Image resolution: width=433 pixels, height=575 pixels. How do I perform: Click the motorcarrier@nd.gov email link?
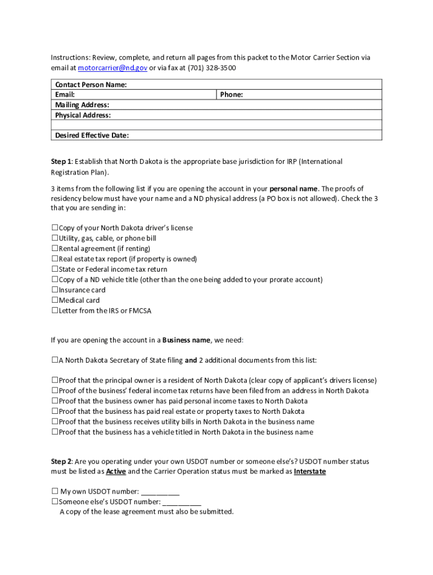click(112, 68)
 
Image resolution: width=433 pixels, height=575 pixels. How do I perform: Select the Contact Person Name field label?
click(91, 85)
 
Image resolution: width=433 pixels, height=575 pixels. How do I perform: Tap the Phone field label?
click(231, 95)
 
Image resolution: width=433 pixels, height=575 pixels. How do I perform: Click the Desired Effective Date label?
click(92, 135)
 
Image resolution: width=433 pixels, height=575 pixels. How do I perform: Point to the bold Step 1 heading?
click(61, 162)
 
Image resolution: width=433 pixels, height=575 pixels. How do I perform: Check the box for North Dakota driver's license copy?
click(55, 228)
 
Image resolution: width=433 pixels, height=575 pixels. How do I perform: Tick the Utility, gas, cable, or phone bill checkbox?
click(55, 238)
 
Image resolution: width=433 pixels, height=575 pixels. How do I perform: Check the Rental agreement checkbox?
click(55, 249)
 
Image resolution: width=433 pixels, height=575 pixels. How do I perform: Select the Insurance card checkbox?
click(55, 290)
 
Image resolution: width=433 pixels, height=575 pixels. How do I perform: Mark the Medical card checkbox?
click(55, 300)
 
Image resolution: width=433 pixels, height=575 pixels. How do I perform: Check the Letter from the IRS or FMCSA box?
click(55, 311)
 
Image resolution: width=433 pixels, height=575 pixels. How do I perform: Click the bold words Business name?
click(187, 340)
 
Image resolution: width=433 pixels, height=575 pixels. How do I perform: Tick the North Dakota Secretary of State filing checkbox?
click(55, 360)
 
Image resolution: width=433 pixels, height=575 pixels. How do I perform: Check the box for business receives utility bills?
click(55, 422)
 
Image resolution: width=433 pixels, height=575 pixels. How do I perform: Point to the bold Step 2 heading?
click(61, 462)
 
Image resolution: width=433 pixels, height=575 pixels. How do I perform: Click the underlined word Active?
click(116, 472)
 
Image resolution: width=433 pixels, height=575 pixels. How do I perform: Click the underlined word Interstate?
click(309, 472)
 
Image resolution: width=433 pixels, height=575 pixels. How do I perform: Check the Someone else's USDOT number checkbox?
click(55, 502)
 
